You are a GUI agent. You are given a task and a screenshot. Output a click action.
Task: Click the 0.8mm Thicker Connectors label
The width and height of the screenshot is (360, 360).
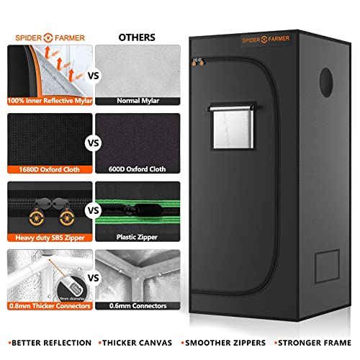(47, 306)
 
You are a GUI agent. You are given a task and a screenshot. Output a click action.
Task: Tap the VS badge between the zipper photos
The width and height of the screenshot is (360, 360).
(92, 210)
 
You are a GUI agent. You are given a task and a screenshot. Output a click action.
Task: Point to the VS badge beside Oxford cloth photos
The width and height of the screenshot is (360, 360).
(92, 143)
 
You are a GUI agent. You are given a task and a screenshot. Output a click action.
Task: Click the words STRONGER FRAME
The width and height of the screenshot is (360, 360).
(312, 343)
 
